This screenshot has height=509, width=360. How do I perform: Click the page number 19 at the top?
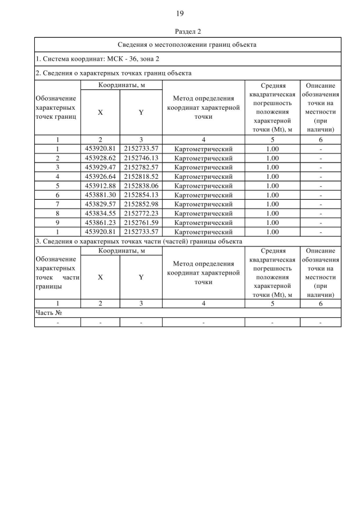[x=180, y=13]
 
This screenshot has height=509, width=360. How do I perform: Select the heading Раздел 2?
[x=180, y=31]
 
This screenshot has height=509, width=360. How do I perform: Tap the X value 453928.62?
[x=100, y=158]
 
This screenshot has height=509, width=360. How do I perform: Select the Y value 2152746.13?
[x=141, y=158]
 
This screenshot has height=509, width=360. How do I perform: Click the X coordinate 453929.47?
[x=100, y=167]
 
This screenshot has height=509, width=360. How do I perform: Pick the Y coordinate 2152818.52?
[x=141, y=176]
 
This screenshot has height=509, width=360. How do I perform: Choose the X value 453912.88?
[x=100, y=186]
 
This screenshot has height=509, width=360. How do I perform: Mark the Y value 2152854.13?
[x=141, y=195]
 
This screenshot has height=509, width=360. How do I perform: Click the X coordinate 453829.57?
[x=100, y=204]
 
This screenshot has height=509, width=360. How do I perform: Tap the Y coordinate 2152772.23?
[x=141, y=213]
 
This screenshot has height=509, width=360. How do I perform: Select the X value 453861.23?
[x=100, y=222]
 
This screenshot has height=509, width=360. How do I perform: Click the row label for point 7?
[x=57, y=204]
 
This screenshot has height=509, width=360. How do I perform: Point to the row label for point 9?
[x=57, y=222]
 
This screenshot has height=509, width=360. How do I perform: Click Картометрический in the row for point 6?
[x=203, y=195]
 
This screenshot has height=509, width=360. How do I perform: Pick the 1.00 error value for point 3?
[x=272, y=167]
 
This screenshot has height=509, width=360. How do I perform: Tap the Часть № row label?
[x=48, y=313]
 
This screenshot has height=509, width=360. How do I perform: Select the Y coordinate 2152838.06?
[x=141, y=186]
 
